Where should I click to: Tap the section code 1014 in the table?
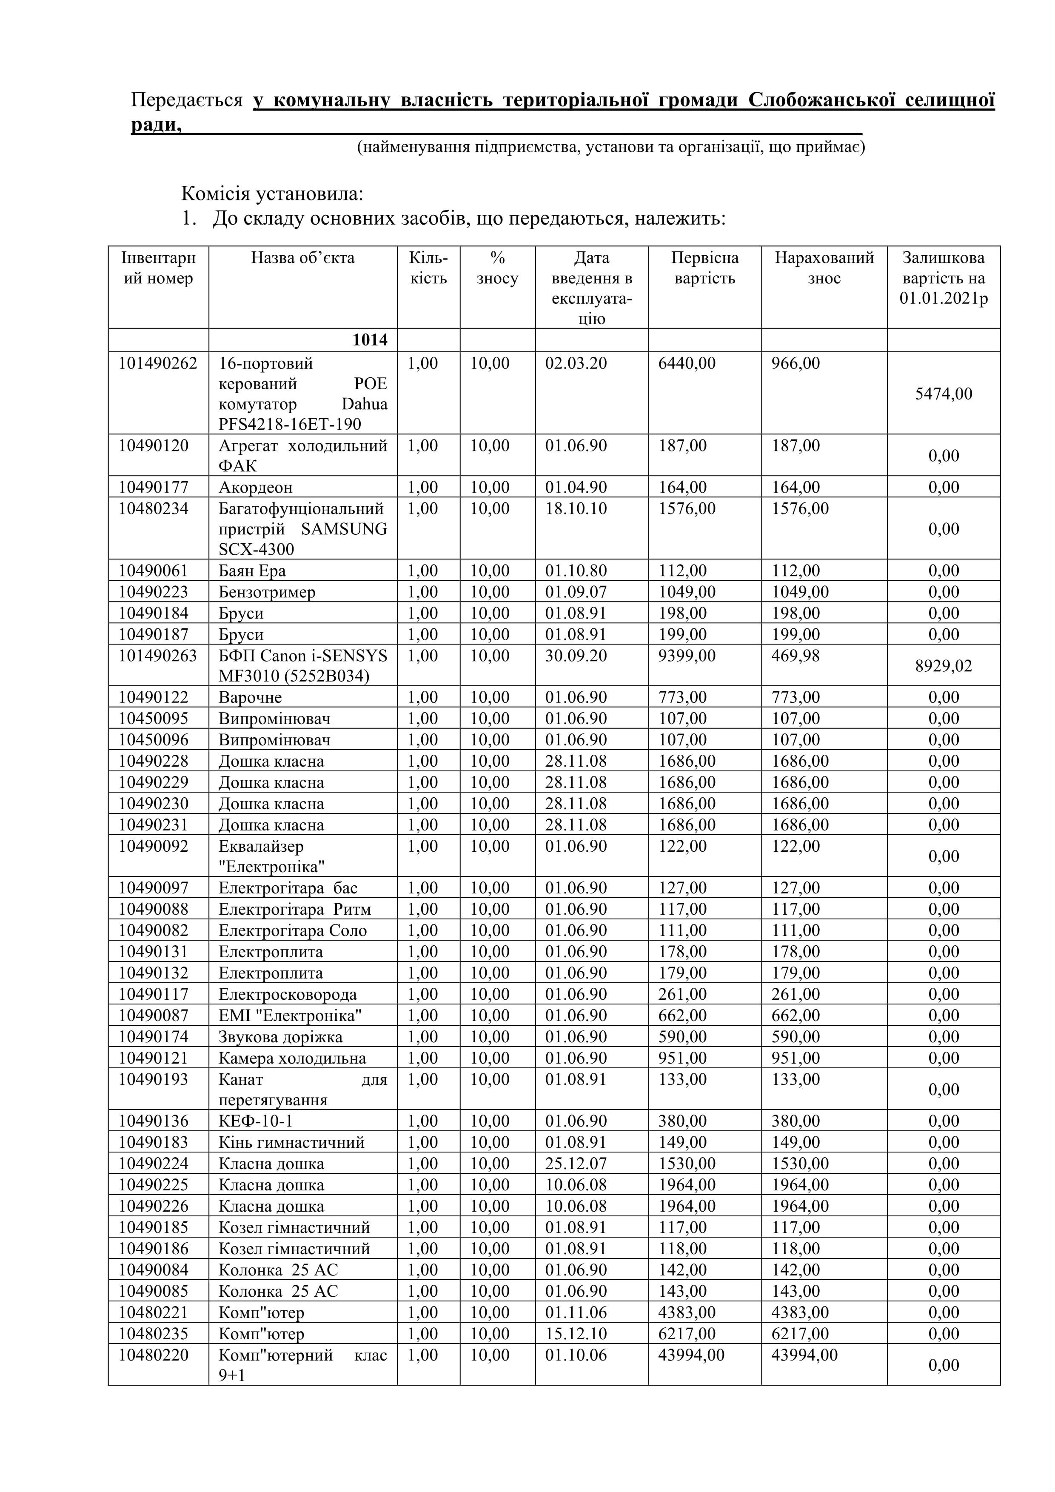[x=370, y=340]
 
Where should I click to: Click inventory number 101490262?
[x=157, y=363]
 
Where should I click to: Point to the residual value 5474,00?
[x=943, y=394]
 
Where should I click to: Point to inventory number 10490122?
[x=153, y=697]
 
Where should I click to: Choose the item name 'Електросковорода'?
[x=287, y=994]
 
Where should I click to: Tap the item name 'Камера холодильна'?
[x=292, y=1058]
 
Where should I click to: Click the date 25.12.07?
[x=576, y=1164]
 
